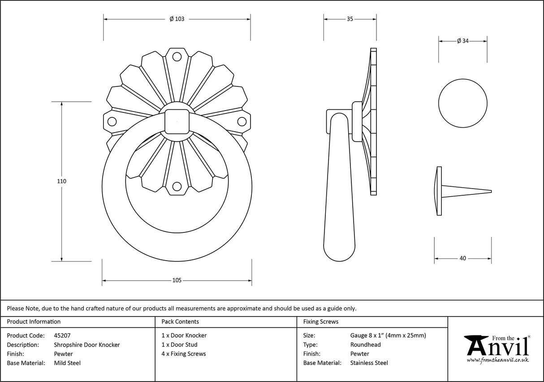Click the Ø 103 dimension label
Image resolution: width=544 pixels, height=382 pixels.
pyautogui.click(x=177, y=19)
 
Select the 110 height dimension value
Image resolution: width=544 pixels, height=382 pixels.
pyautogui.click(x=61, y=181)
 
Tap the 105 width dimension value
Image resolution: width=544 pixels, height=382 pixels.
pyautogui.click(x=177, y=280)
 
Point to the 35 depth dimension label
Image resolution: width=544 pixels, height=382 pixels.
pyautogui.click(x=350, y=19)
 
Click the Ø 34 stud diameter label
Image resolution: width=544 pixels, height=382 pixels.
pyautogui.click(x=462, y=41)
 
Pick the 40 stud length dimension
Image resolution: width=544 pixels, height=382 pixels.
pyautogui.click(x=462, y=258)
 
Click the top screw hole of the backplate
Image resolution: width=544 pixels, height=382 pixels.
pyautogui.click(x=177, y=57)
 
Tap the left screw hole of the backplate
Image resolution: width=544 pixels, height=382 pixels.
pyautogui.click(x=112, y=121)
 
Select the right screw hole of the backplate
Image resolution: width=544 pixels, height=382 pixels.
pyautogui.click(x=242, y=121)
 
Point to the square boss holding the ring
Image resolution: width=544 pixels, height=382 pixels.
pyautogui.click(x=177, y=121)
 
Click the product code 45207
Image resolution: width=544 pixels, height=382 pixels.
pyautogui.click(x=62, y=335)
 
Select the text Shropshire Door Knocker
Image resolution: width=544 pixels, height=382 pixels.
pyautogui.click(x=86, y=344)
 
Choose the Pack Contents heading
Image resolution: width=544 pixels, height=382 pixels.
pyautogui.click(x=180, y=322)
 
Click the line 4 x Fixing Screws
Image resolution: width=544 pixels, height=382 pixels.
pyautogui.click(x=184, y=354)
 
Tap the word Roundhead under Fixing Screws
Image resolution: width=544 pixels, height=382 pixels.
pyautogui.click(x=365, y=344)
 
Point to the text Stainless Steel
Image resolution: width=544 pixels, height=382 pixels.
pyautogui.click(x=369, y=363)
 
